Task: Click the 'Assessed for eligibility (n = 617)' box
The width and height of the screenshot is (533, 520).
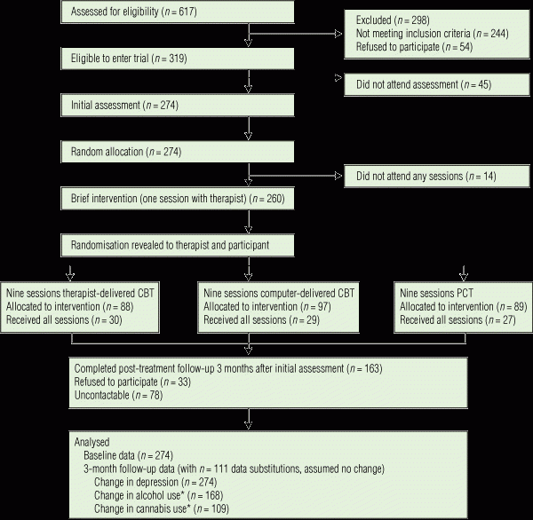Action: [178, 12]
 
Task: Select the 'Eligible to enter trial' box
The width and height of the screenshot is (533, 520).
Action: [178, 59]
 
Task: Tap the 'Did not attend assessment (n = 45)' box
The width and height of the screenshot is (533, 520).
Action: [437, 84]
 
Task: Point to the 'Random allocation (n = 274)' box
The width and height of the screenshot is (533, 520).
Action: [178, 152]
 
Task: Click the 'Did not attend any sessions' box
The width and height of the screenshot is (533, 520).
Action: [437, 177]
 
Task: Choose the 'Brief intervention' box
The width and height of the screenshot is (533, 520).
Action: [178, 199]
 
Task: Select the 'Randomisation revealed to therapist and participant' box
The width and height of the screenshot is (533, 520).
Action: [178, 245]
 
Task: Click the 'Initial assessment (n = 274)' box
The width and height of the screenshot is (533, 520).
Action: [178, 106]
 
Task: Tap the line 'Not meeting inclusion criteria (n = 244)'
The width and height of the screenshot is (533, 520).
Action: [432, 34]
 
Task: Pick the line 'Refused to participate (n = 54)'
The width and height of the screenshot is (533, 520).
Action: [414, 47]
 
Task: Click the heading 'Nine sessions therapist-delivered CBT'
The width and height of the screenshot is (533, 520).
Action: [80, 293]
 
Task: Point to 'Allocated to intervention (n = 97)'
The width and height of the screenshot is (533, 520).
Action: [266, 307]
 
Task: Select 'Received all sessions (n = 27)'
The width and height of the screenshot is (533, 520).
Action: [457, 320]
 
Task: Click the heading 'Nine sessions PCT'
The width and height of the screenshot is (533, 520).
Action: [436, 293]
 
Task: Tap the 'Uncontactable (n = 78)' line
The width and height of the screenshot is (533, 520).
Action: [118, 396]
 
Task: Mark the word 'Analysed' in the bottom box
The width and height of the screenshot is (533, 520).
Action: [91, 442]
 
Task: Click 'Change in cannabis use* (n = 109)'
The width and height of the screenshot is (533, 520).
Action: [162, 508]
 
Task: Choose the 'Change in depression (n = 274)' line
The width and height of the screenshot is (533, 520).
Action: [155, 483]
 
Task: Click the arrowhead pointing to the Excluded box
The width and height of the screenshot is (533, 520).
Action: [338, 34]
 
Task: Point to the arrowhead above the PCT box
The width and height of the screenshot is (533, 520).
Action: [464, 277]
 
